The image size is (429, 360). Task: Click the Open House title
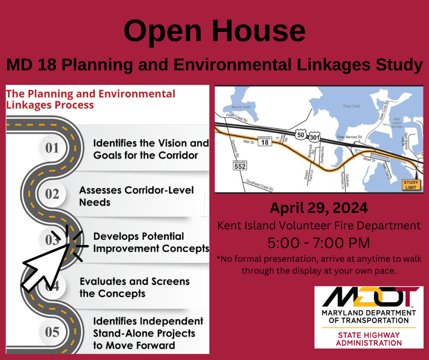click(214, 32)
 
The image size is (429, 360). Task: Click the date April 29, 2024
click(319, 208)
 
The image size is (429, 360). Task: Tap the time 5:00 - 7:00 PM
click(319, 242)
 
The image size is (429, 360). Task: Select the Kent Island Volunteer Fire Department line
click(319, 225)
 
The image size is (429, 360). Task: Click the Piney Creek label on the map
click(351, 106)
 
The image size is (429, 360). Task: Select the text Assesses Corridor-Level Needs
click(136, 196)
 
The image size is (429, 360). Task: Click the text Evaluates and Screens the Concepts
click(134, 287)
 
